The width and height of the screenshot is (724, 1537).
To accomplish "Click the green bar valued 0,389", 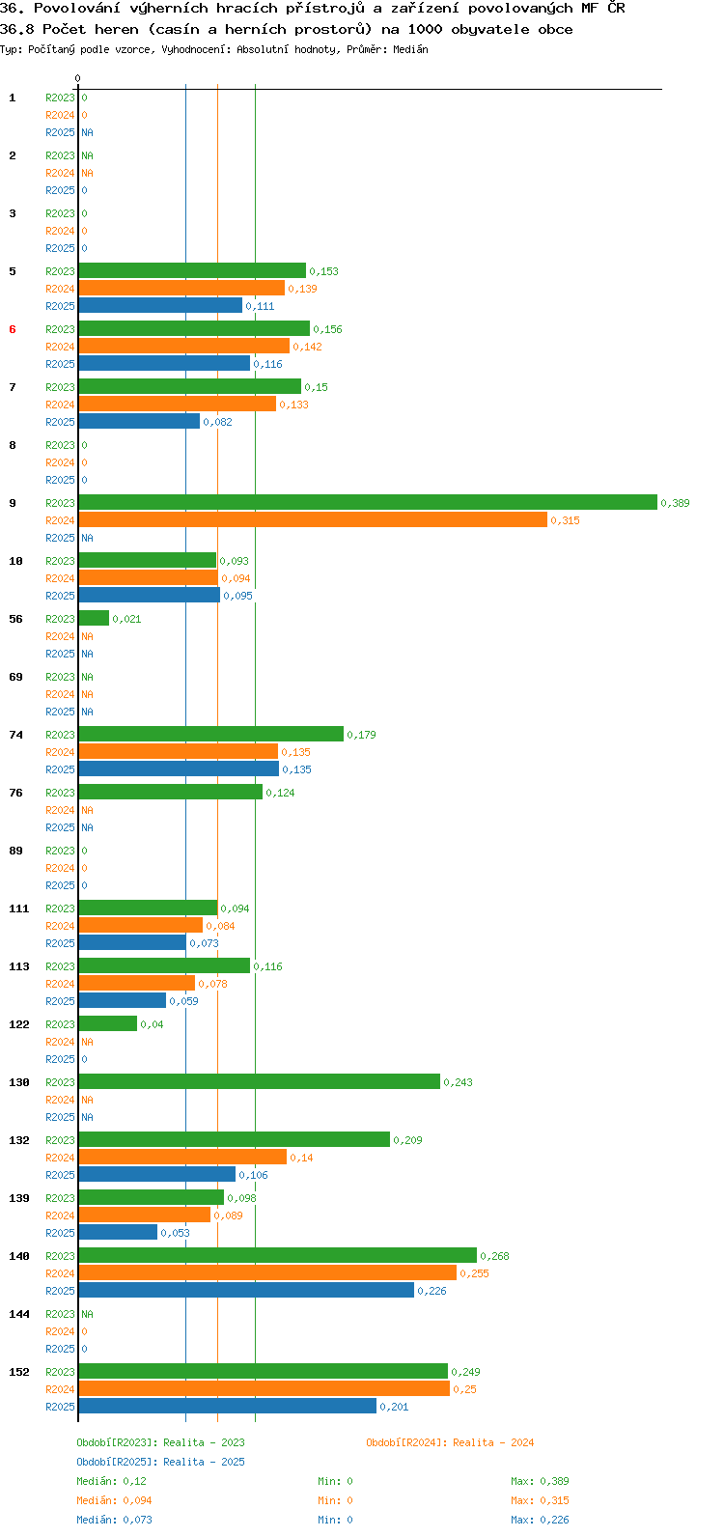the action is coord(368,502).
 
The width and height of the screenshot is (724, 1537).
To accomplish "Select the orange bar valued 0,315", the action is coord(313,519).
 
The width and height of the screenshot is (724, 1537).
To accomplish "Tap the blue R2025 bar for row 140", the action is coord(246,1290).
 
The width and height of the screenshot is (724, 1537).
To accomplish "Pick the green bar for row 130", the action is coord(260,1081).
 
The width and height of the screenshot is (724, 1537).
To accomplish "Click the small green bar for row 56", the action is coord(94,618).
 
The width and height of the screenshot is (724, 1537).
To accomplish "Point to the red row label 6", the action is coord(13,329).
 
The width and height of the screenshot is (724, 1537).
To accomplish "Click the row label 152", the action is coord(19,1372).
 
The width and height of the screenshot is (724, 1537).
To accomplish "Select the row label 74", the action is coord(15,735).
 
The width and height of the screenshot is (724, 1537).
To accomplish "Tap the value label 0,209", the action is coord(407,1140).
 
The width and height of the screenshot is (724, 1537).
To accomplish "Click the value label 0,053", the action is coord(175,1233).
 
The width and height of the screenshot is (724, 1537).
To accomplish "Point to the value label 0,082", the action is coord(217,422).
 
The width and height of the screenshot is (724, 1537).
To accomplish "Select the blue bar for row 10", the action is coord(150,595).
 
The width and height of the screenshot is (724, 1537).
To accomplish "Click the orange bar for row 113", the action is coord(136,983).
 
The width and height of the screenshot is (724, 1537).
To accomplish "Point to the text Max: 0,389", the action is coord(540,1481).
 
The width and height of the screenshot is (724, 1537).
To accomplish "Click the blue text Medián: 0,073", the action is coord(115,1520).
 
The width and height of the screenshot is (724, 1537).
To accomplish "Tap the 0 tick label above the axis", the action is coord(77,78).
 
